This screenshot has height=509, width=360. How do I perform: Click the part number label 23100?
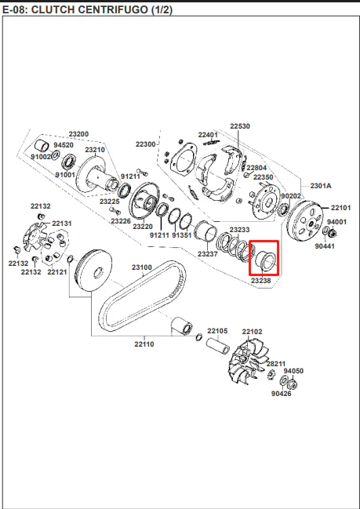pyautogui.click(x=142, y=267)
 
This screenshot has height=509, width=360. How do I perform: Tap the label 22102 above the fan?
pyautogui.click(x=253, y=332)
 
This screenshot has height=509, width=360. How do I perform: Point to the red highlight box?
pyautogui.click(x=264, y=241)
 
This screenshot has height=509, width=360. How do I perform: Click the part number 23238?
pyautogui.click(x=260, y=281)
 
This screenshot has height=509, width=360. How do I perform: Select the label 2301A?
pyautogui.click(x=321, y=186)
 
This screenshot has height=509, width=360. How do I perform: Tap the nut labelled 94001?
pyautogui.click(x=332, y=233)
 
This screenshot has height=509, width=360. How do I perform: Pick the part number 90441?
pyautogui.click(x=325, y=246)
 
